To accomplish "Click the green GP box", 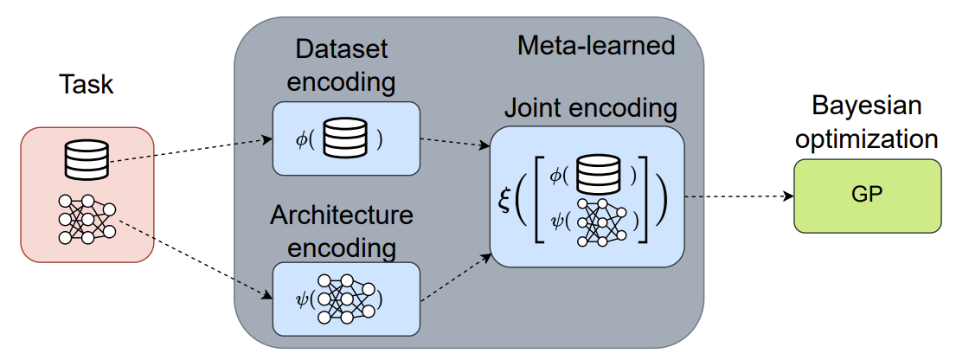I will click(x=867, y=196).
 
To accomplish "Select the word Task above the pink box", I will click(x=87, y=85).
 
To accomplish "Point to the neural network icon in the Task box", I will click(x=87, y=219).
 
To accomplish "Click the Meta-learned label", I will click(x=596, y=45).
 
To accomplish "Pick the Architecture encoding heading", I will click(x=343, y=231).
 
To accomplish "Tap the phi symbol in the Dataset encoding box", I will click(x=300, y=139).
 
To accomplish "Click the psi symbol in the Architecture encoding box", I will click(x=302, y=300).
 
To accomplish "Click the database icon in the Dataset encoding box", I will click(x=344, y=138).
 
